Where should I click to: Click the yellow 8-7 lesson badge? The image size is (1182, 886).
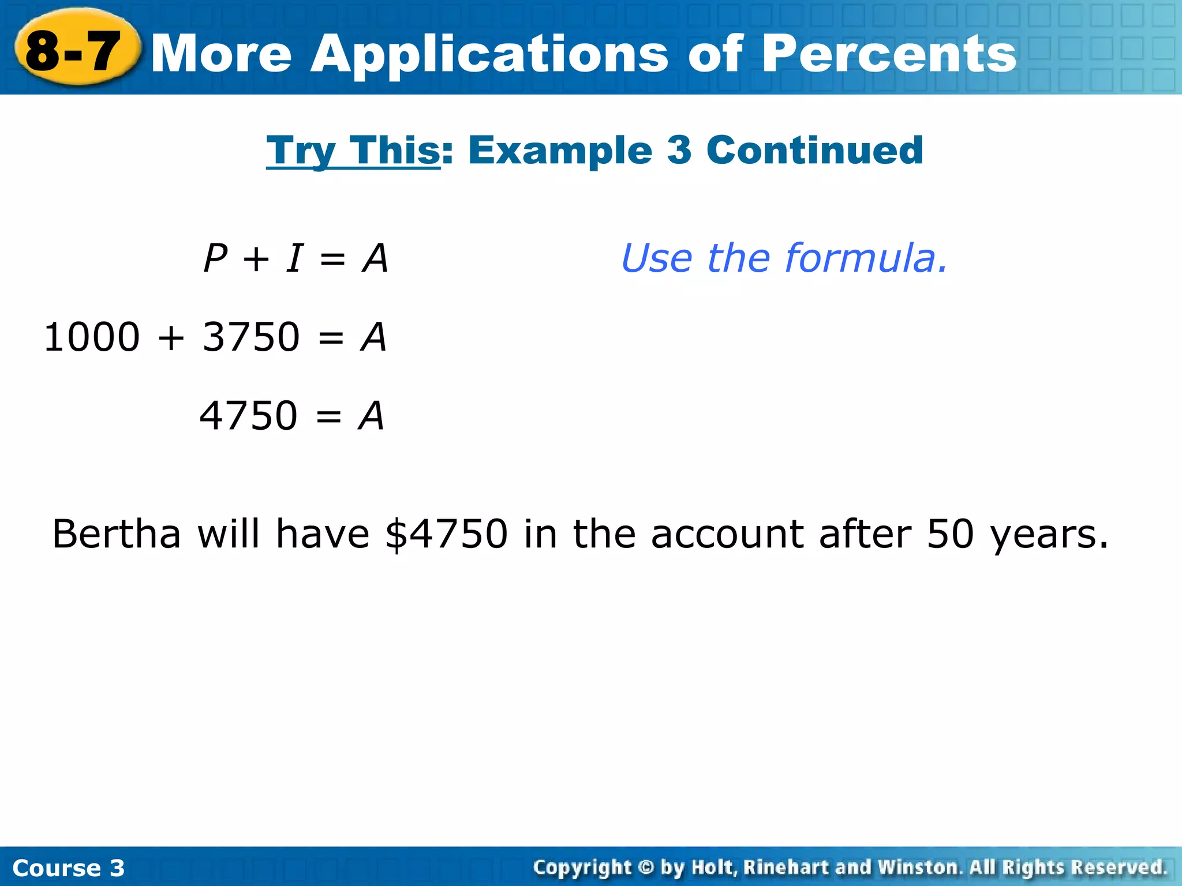click(x=75, y=50)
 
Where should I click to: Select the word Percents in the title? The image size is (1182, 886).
click(x=889, y=53)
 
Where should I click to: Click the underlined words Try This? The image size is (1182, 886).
click(x=353, y=151)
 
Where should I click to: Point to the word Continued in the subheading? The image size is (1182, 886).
click(x=814, y=151)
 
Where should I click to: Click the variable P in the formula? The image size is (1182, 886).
click(x=216, y=258)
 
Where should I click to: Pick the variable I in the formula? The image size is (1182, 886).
click(x=294, y=258)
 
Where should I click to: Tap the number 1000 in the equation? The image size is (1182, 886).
click(x=92, y=337)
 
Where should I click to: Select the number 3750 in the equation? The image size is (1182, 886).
click(x=251, y=337)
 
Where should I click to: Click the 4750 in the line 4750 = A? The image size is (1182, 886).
click(x=248, y=416)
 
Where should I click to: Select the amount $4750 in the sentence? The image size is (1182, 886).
click(x=446, y=534)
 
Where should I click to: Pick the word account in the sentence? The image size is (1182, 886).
click(x=728, y=534)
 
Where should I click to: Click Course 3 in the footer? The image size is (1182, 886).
click(x=68, y=868)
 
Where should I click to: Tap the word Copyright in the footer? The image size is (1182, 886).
click(x=582, y=868)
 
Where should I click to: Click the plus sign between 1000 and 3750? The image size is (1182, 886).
click(x=171, y=337)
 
